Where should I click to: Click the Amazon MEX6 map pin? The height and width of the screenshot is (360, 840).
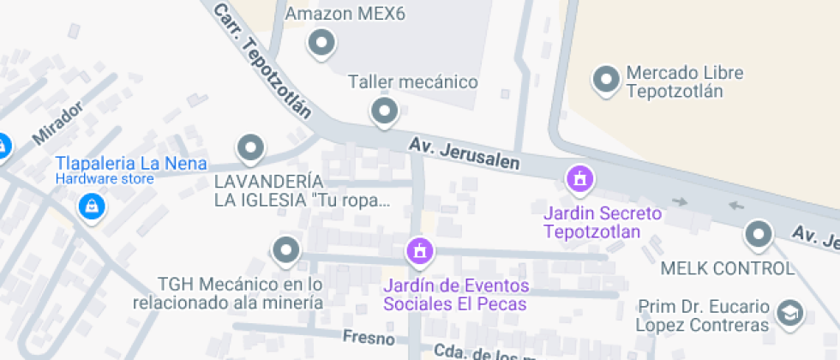(x=322, y=41)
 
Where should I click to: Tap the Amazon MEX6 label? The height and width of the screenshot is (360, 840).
(x=345, y=15)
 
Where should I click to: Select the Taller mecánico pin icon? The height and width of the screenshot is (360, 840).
(x=384, y=111)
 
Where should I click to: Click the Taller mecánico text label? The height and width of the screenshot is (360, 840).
(x=412, y=82)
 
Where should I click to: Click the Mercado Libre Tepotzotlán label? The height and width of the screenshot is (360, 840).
(x=684, y=82)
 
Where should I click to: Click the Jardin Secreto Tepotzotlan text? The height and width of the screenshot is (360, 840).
(x=603, y=223)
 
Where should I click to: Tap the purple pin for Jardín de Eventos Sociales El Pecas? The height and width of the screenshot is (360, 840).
(x=420, y=251)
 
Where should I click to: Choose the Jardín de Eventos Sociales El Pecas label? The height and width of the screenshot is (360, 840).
(x=456, y=295)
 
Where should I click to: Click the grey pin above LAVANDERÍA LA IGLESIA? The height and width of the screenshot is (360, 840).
(x=250, y=148)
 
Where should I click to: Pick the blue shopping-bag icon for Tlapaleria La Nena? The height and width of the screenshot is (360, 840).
(x=89, y=206)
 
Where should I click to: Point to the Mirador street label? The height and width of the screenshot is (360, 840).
(x=57, y=123)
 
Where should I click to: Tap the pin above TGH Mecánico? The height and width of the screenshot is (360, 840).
(x=285, y=251)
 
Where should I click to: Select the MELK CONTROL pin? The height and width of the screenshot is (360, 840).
(x=759, y=232)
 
